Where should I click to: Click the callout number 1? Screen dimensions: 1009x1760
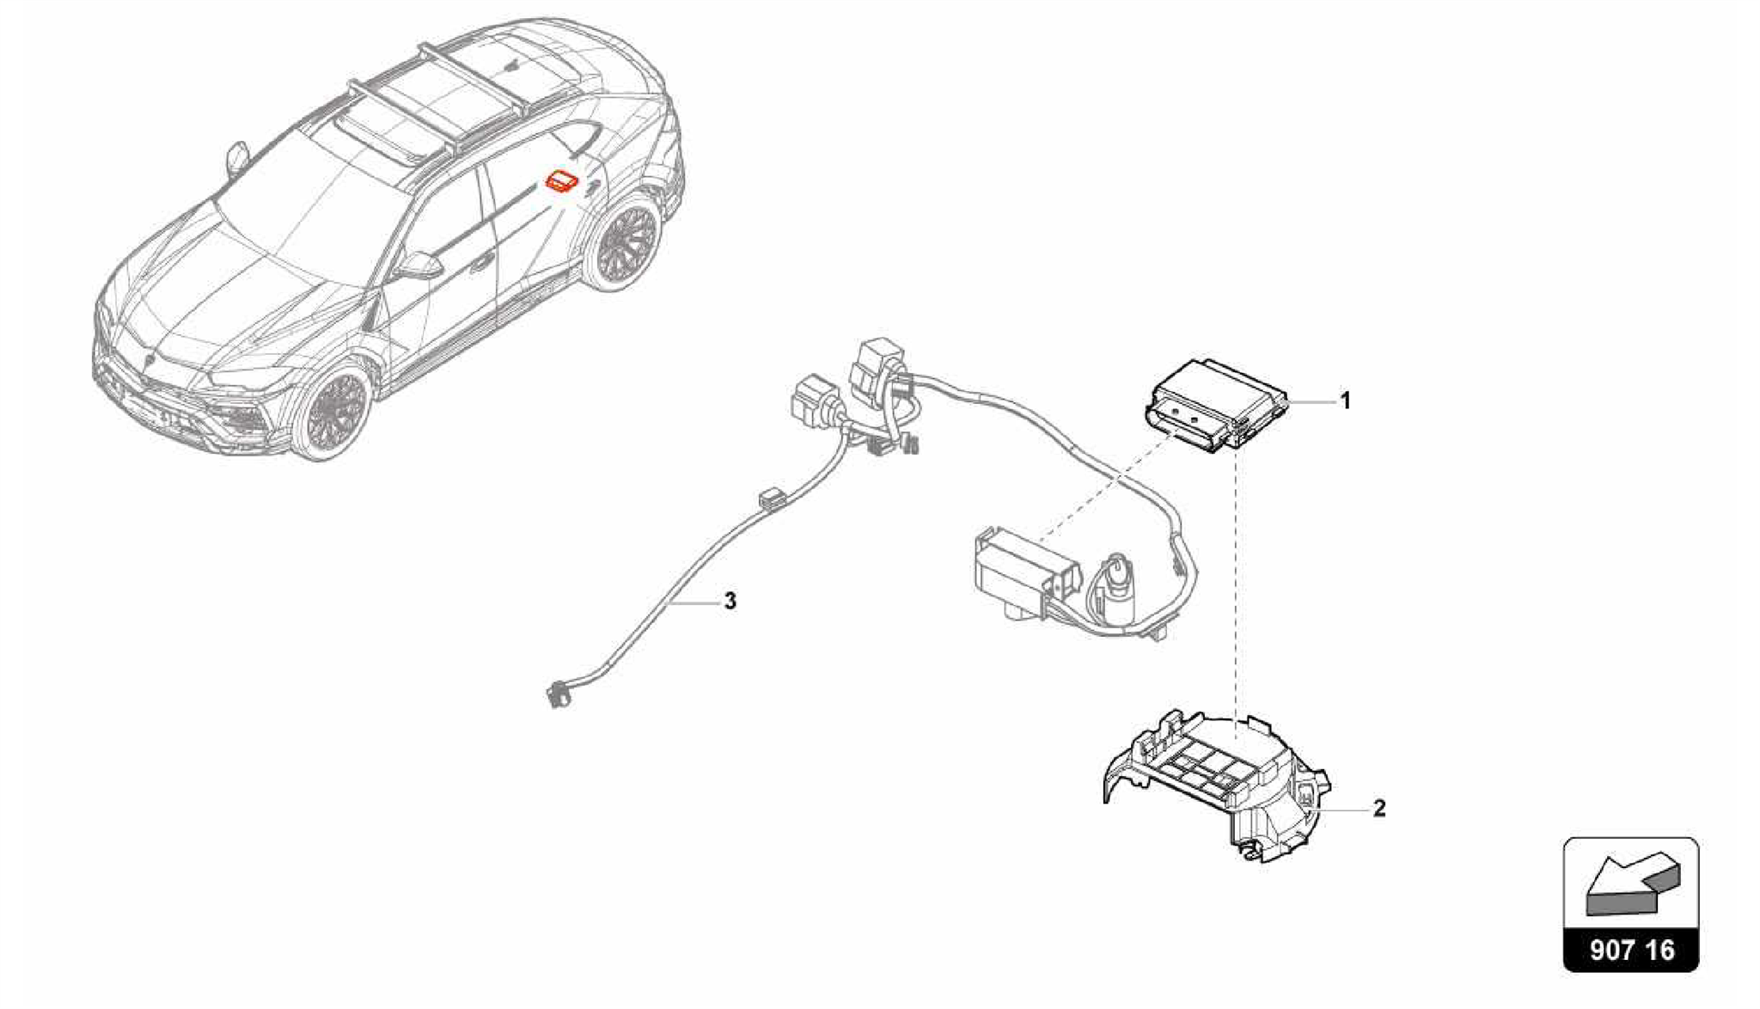click(1346, 401)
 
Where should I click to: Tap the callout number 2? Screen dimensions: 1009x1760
click(1378, 809)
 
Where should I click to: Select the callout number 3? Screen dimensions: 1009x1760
click(730, 601)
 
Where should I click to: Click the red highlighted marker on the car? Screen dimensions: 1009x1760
click(563, 182)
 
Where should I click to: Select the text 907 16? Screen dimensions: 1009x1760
click(1631, 950)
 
